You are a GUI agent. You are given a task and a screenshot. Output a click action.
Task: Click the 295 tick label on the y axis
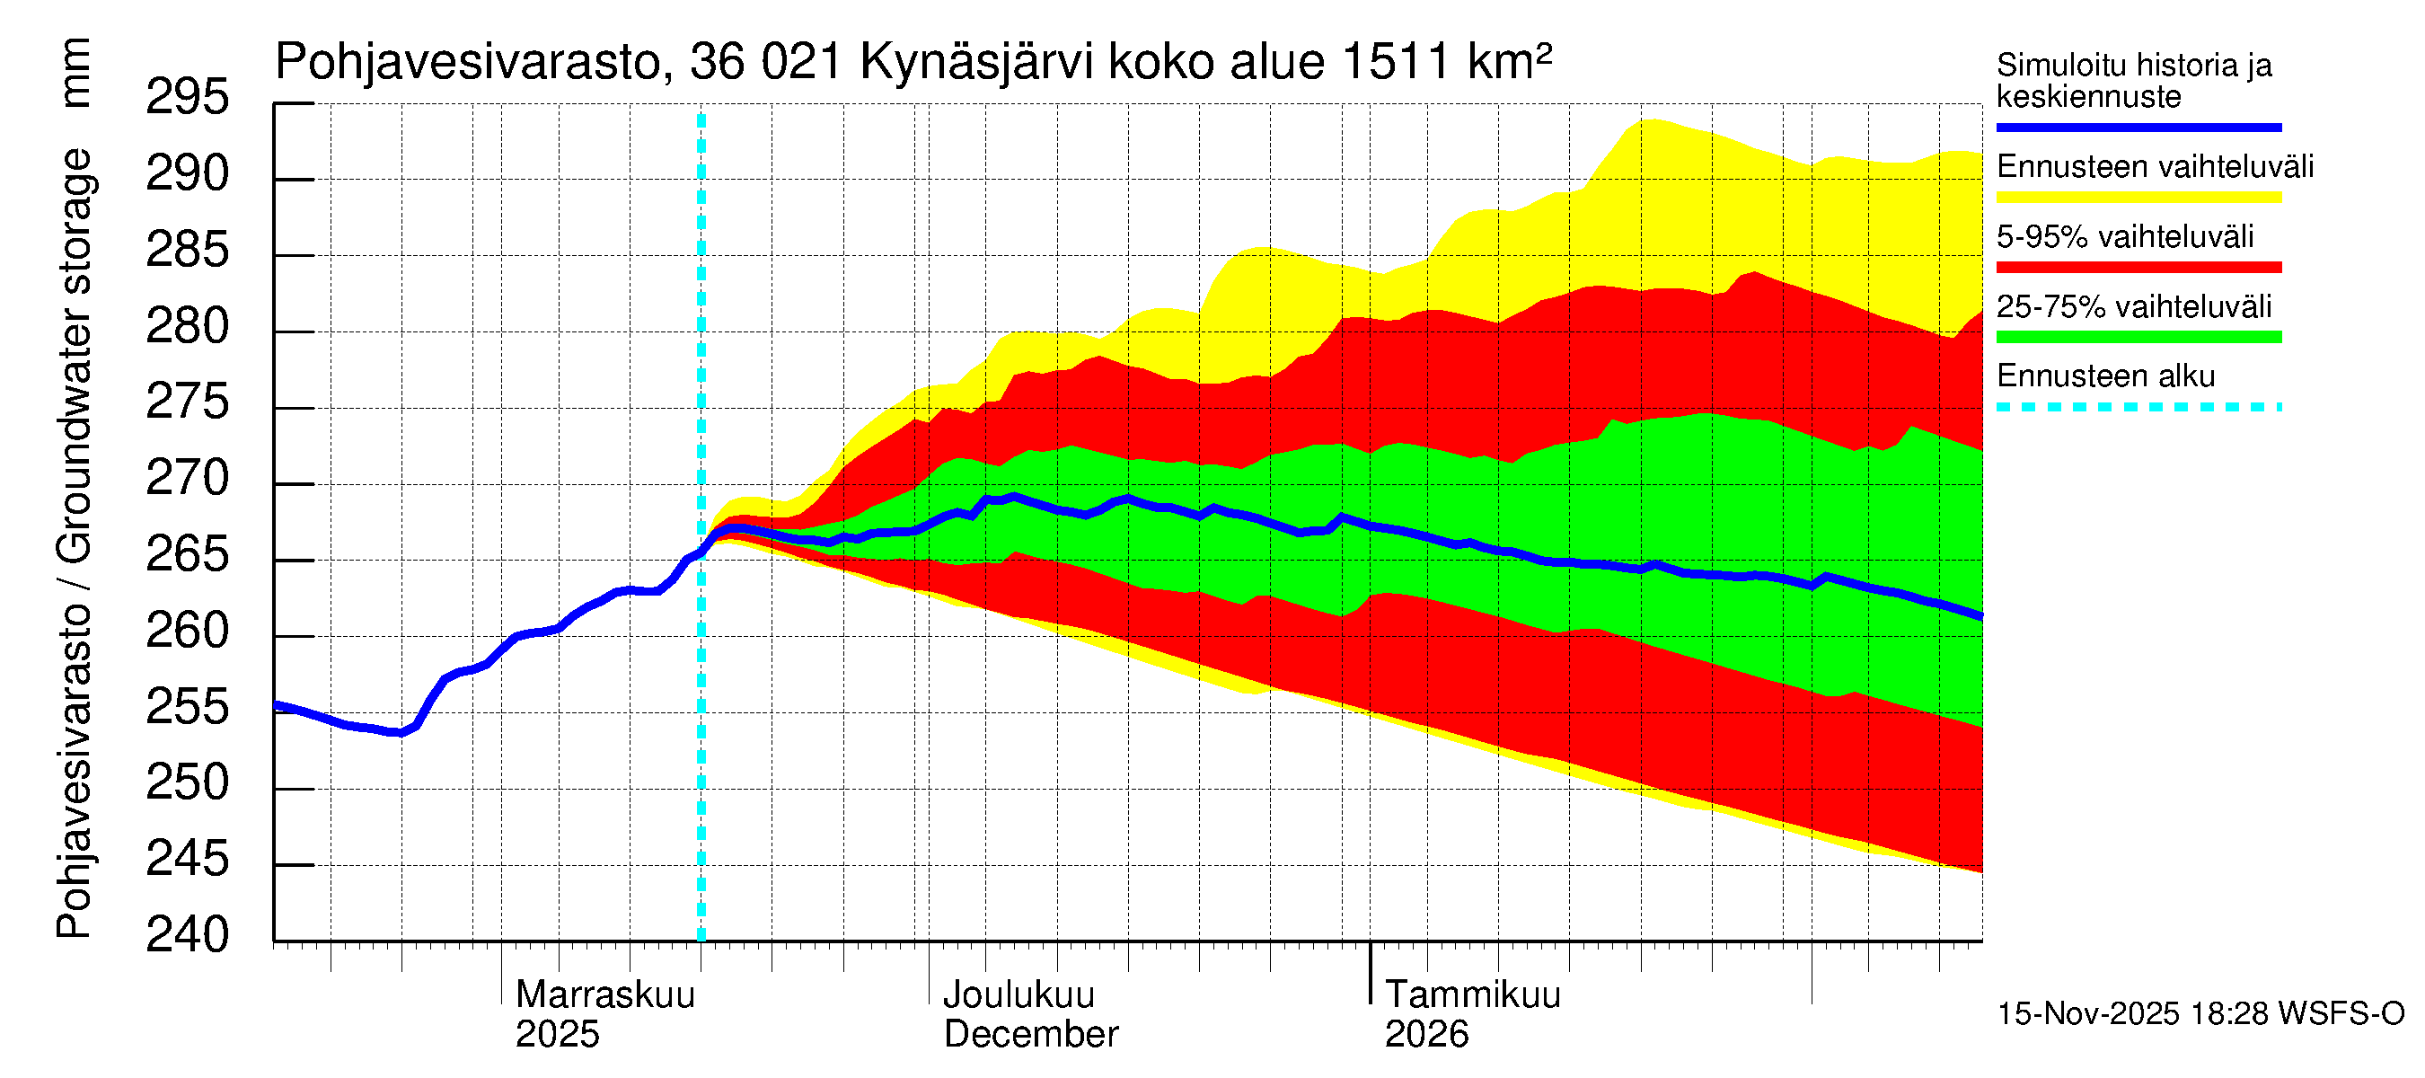187,98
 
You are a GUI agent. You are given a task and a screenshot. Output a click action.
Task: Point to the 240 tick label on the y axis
187,936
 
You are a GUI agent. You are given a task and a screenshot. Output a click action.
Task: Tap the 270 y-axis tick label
187,479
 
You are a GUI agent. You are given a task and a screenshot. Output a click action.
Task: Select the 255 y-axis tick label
187,708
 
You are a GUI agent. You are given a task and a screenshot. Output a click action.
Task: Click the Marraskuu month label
604,995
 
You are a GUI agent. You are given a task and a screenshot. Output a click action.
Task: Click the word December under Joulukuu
1030,1035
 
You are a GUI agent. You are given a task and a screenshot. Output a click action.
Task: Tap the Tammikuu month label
1472,995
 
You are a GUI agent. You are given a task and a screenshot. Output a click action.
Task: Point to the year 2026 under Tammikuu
1425,1035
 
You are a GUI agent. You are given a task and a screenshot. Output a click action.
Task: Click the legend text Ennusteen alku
2105,376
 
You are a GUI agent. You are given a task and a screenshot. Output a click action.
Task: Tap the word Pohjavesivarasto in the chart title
468,63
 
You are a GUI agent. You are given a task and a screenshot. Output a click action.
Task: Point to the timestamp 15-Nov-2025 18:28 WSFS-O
2200,1014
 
